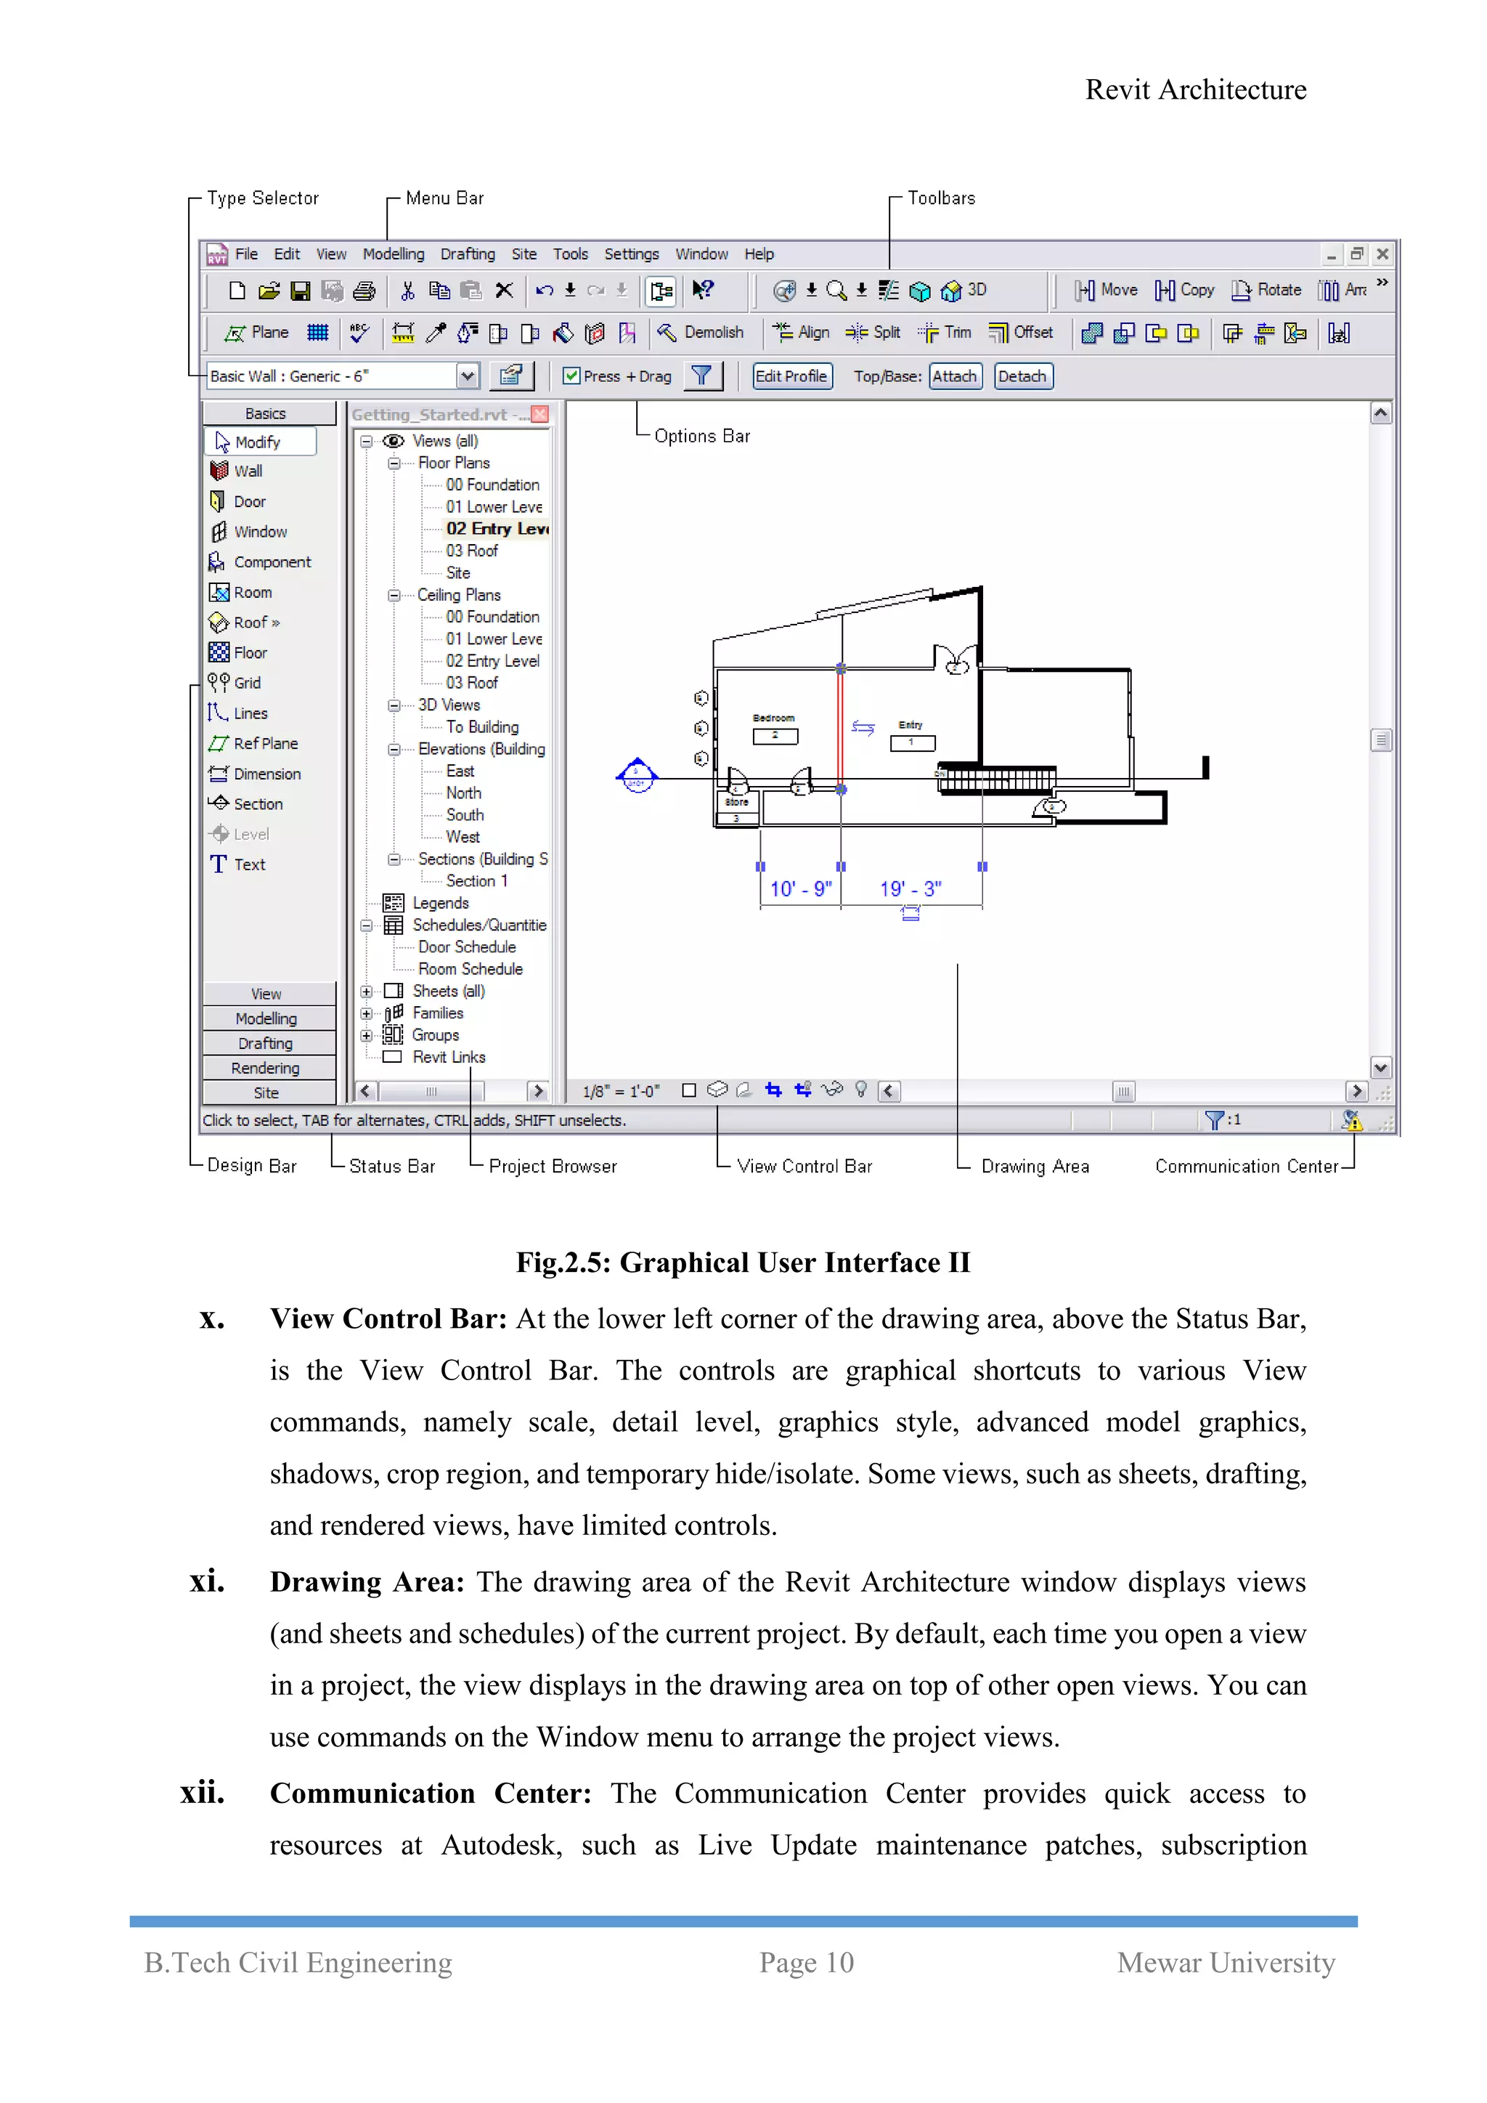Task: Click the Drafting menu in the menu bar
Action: tap(467, 254)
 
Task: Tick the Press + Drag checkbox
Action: tap(571, 376)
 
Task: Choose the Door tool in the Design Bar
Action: tap(248, 502)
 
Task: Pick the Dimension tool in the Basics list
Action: tap(266, 774)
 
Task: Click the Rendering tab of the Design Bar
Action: tap(266, 1068)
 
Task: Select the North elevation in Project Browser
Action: tap(463, 793)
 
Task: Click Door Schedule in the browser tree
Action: tap(466, 947)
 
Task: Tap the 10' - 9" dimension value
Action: tap(800, 888)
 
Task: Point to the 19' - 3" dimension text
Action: tap(910, 888)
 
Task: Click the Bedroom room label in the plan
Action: tap(774, 718)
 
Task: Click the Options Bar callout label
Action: tap(701, 436)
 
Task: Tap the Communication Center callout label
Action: tap(1245, 1166)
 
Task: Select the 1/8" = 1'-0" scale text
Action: tap(621, 1091)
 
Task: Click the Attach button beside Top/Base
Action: tap(954, 376)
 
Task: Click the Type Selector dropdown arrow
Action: tap(467, 376)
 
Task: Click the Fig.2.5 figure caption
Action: tap(743, 1263)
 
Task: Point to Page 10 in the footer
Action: tap(806, 1962)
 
